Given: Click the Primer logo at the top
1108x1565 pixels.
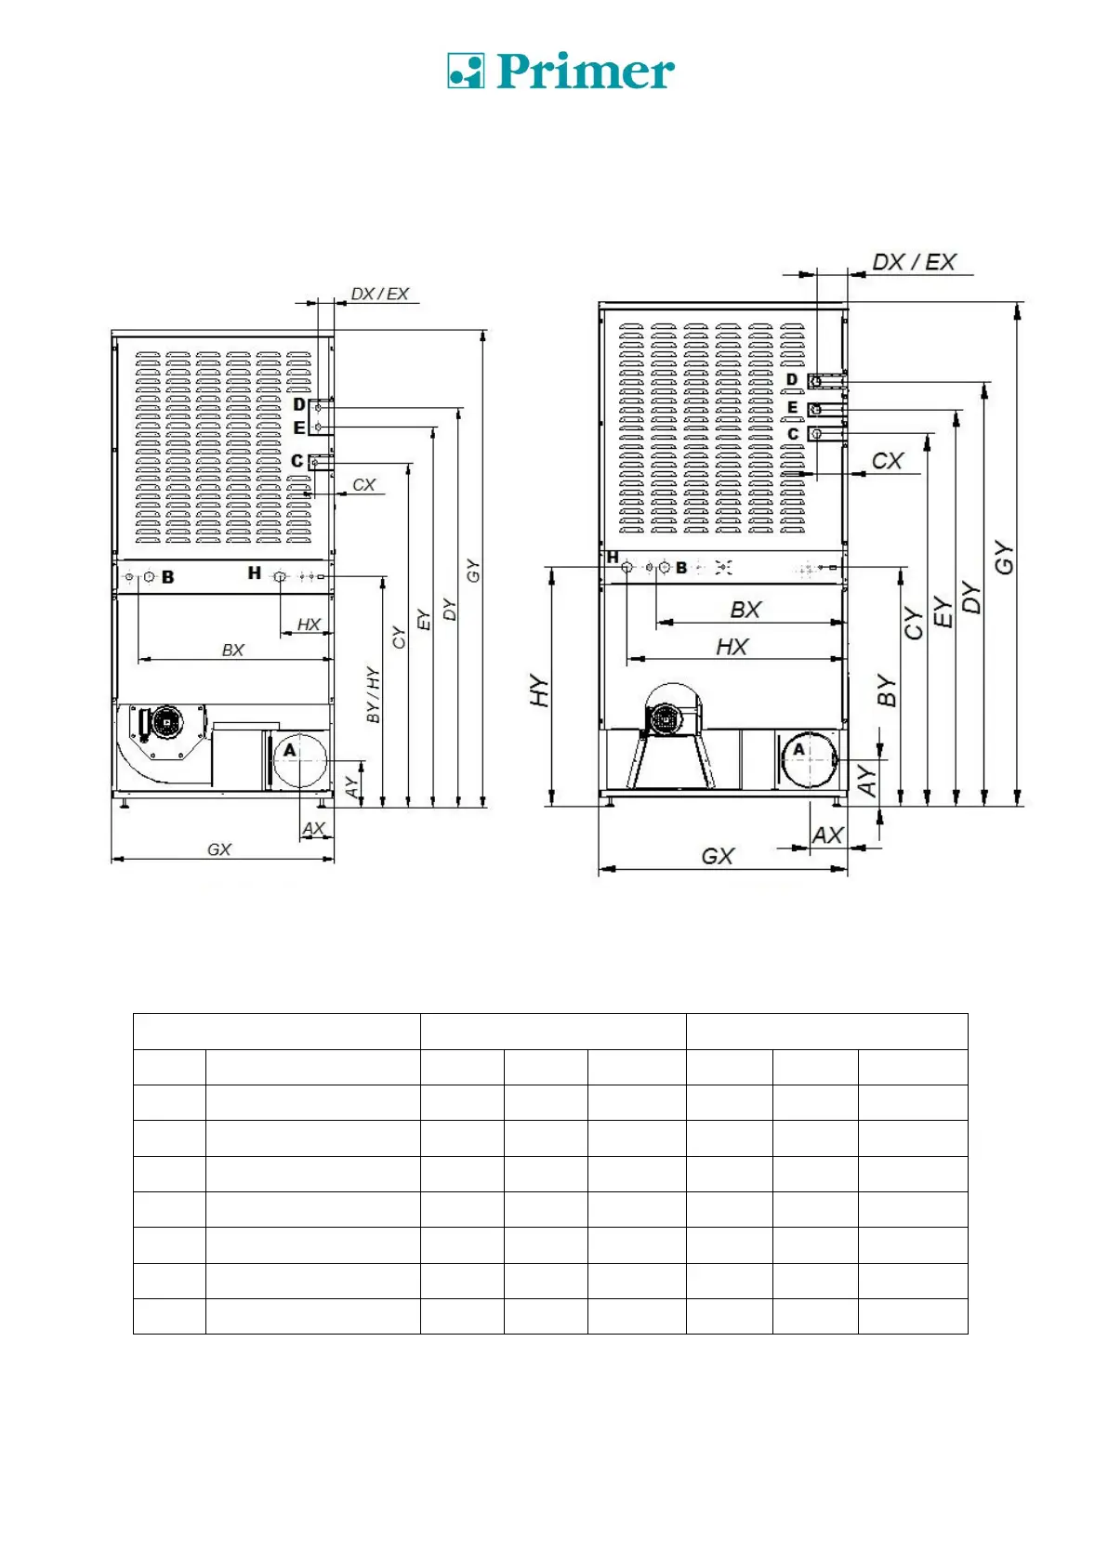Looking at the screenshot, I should (561, 71).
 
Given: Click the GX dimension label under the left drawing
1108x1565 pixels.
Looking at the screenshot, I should (219, 849).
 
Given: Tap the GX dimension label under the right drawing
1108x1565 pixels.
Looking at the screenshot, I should (718, 856).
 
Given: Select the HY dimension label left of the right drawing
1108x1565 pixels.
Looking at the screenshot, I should (539, 691).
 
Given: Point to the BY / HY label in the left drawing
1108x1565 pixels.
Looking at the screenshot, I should (373, 694).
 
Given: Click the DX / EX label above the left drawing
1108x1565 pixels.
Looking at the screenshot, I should (379, 294).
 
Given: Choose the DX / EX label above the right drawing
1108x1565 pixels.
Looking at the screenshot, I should (914, 262).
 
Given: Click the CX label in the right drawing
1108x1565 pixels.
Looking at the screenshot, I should (887, 461).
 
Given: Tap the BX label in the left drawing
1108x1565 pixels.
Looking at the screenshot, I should (233, 650).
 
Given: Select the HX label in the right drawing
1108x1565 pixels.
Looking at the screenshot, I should (732, 647).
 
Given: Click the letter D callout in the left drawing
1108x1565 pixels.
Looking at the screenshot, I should (298, 405).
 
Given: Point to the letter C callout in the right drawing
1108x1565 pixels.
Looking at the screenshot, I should (793, 434).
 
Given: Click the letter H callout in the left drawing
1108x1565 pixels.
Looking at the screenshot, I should (254, 573).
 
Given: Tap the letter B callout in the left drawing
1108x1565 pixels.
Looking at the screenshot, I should (168, 577).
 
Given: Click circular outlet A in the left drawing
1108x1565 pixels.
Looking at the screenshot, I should (299, 760).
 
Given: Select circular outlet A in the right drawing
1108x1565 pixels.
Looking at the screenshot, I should (809, 759).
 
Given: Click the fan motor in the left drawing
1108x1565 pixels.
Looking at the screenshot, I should (166, 721).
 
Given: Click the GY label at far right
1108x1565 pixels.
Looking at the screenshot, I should (1004, 558).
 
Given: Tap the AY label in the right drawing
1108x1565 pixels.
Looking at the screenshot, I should (866, 781).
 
